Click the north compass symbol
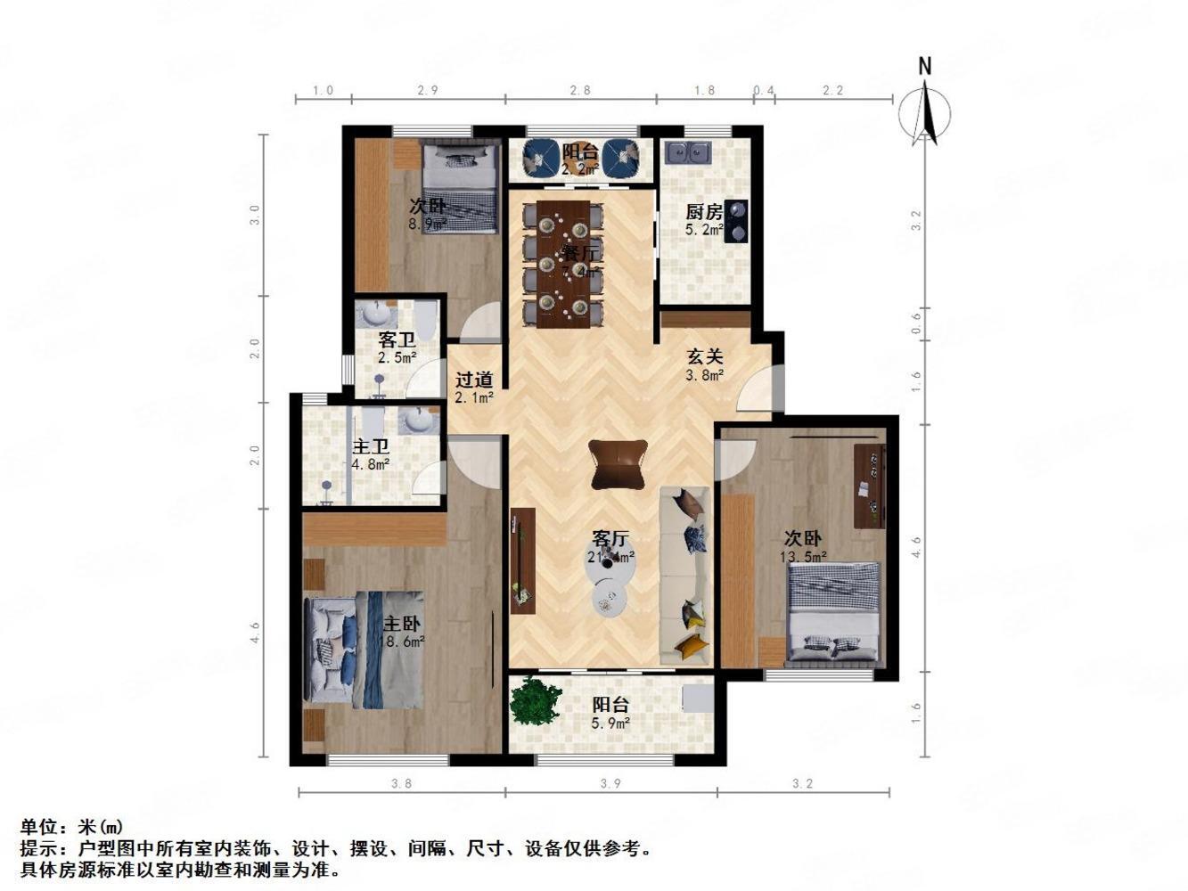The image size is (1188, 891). [925, 111]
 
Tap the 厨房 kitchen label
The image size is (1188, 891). [703, 212]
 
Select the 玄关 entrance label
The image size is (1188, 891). [704, 356]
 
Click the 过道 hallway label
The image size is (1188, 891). [474, 380]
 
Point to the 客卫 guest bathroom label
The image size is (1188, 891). [397, 339]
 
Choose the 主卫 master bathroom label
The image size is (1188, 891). [371, 446]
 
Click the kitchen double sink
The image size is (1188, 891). [688, 153]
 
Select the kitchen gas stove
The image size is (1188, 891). [736, 221]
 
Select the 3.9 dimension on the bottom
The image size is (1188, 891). [610, 784]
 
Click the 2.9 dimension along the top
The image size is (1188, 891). [428, 90]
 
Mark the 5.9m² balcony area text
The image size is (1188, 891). [610, 723]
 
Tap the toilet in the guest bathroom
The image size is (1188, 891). [426, 318]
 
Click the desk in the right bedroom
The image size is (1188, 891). [870, 485]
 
